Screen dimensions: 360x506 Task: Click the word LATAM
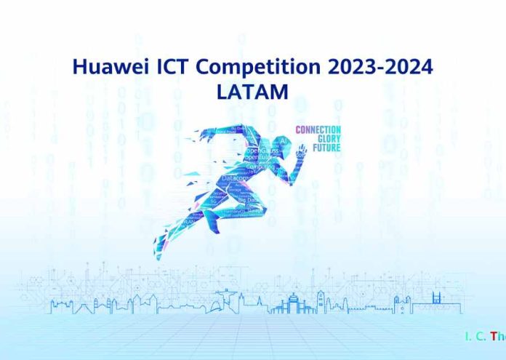point(252,92)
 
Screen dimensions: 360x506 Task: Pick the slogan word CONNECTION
point(318,129)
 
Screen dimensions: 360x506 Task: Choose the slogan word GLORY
point(328,138)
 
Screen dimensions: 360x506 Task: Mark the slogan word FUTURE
point(326,148)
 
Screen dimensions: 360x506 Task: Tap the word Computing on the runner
point(260,167)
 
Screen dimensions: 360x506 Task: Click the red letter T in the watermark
point(494,336)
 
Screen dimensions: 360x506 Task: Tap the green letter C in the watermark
point(481,336)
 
